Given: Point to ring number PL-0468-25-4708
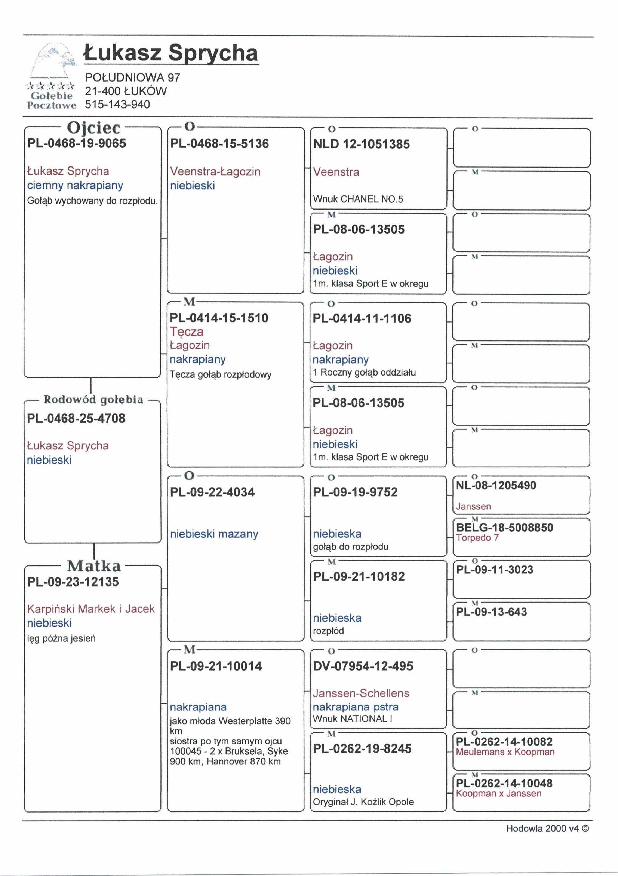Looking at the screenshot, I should point(76,418).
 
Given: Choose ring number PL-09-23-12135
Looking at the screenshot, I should point(73,581).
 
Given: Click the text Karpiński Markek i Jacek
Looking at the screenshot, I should point(91,609).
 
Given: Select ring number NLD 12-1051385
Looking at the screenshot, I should point(361,144).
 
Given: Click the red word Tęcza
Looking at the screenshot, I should point(187,331).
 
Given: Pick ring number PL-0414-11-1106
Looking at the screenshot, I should point(362,319).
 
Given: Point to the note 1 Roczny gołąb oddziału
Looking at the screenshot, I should point(364,372).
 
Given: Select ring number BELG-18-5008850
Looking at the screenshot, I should point(504,528).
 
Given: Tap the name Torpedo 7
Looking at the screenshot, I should point(477,537).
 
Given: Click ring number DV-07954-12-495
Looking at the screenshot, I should point(362,666).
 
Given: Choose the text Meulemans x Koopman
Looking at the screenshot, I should point(505,752).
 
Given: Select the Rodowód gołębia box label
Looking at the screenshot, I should point(94,399).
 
